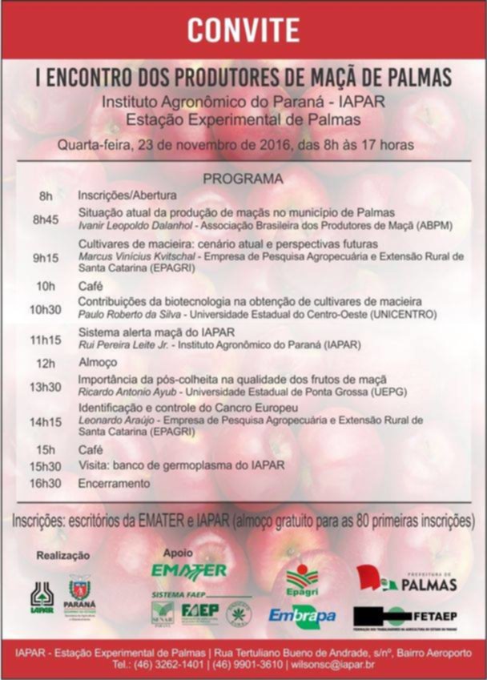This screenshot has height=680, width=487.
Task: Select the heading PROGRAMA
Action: (243, 178)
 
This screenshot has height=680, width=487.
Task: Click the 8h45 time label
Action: (45, 219)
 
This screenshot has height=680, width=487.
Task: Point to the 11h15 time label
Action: (46, 340)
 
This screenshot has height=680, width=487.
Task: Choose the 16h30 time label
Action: (46, 483)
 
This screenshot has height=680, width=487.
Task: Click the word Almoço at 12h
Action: (97, 362)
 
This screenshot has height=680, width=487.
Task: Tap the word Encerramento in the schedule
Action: (113, 483)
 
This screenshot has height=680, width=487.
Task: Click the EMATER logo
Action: (189, 569)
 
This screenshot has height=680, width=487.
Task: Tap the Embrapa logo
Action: (302, 615)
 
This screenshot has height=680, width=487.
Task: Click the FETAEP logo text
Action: (437, 617)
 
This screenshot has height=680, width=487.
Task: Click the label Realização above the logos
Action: (61, 555)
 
